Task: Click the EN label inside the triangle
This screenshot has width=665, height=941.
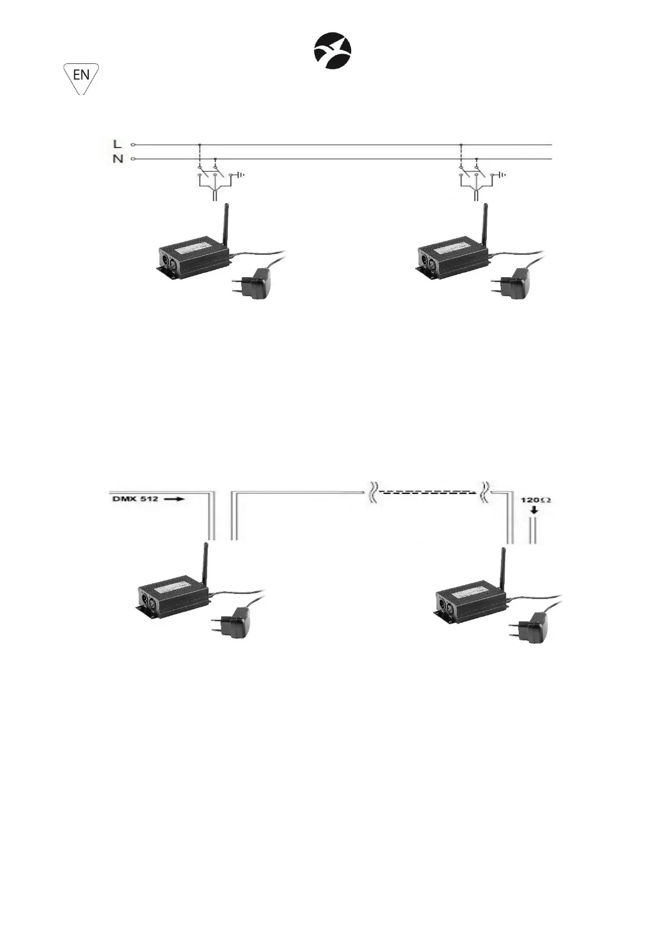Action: point(81,75)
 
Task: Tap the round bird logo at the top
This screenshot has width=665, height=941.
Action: point(332,51)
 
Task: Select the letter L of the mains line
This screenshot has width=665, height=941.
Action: point(118,145)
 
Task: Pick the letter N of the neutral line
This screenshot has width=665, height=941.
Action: point(118,159)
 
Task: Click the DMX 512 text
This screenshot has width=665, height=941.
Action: point(136,499)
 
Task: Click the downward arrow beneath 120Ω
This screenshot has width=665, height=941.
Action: point(535,510)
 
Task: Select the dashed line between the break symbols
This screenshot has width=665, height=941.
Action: point(428,492)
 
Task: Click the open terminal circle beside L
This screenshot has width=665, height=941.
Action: point(133,145)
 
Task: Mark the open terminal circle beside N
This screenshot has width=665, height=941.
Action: point(133,159)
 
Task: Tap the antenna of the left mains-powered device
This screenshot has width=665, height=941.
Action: point(226,225)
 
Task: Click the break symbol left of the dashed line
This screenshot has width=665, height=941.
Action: point(372,493)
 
